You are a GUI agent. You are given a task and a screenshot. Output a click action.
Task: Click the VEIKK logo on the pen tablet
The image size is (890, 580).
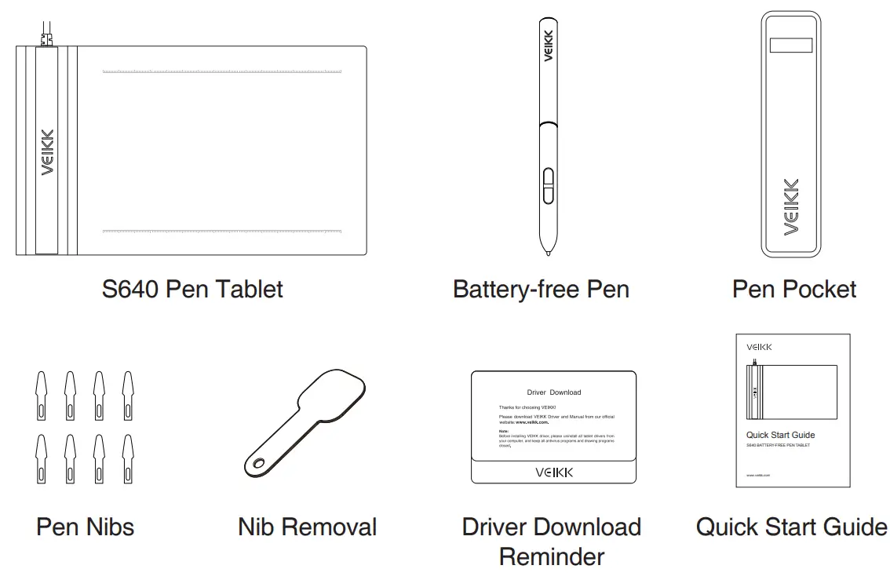pyautogui.click(x=47, y=152)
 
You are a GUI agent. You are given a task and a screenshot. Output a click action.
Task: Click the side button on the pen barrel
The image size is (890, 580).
pyautogui.click(x=548, y=185)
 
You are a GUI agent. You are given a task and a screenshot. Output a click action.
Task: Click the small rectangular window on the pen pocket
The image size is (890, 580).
pyautogui.click(x=790, y=46)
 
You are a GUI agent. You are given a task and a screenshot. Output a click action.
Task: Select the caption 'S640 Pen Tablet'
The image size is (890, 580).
pyautogui.click(x=192, y=289)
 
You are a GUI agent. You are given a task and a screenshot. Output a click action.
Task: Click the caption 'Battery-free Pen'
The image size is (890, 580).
pyautogui.click(x=541, y=289)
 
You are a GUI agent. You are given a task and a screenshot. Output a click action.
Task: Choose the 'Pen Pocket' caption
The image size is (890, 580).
pyautogui.click(x=794, y=289)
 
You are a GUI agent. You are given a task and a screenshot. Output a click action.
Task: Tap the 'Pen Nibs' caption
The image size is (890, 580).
pyautogui.click(x=85, y=526)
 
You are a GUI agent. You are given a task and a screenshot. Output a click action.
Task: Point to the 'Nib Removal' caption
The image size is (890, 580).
pyautogui.click(x=307, y=526)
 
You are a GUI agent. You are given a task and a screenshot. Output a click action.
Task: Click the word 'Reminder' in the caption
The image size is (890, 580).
pyautogui.click(x=552, y=556)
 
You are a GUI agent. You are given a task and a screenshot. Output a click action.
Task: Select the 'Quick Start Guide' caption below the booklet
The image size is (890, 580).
pyautogui.click(x=791, y=526)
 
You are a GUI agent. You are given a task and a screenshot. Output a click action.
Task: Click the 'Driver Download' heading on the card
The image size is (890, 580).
pyautogui.click(x=554, y=392)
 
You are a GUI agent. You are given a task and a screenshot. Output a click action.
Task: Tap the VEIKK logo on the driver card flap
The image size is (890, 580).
pyautogui.click(x=554, y=472)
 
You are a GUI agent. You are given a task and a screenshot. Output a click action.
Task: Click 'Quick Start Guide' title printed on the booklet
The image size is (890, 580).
pyautogui.click(x=780, y=435)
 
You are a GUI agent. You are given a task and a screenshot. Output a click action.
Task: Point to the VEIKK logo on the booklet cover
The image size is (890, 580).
pyautogui.click(x=759, y=346)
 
